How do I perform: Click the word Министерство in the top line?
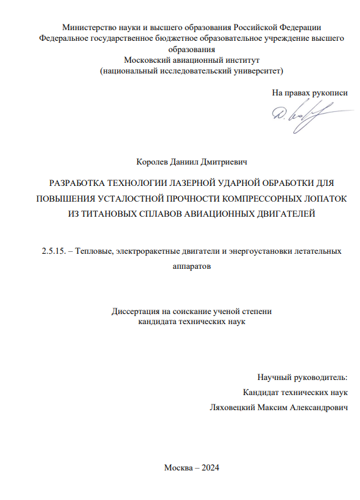pos(90,27)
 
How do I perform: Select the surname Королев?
pos(151,163)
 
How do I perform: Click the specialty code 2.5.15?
pos(46,251)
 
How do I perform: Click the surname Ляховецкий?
pos(236,406)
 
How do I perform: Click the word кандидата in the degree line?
pos(160,321)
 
